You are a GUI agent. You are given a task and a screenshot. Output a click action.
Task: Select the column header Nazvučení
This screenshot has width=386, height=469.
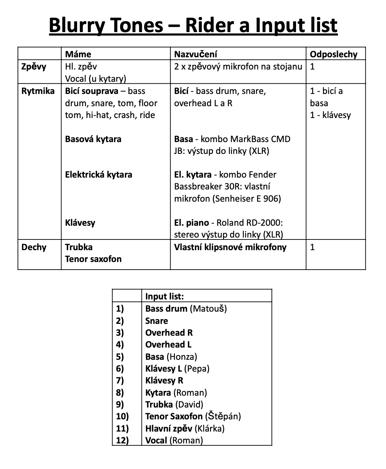pyautogui.click(x=195, y=54)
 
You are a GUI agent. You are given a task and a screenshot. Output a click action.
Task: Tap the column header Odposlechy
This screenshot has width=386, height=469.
pyautogui.click(x=333, y=54)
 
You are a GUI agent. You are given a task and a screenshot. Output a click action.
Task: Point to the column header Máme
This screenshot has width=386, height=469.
pyautogui.click(x=78, y=54)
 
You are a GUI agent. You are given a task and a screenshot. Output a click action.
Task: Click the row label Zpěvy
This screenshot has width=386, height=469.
pyautogui.click(x=34, y=66)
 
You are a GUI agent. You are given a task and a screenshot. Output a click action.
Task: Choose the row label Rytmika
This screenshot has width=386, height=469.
pyautogui.click(x=38, y=91)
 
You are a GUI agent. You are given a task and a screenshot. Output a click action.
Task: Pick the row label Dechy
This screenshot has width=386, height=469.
pyautogui.click(x=34, y=247)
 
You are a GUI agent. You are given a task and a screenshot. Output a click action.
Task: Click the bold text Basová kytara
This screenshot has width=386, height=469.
pyautogui.click(x=93, y=139)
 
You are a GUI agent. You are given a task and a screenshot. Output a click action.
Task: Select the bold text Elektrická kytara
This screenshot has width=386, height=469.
pyautogui.click(x=98, y=175)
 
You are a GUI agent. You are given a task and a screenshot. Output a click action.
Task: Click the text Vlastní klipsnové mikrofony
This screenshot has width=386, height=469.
pyautogui.click(x=230, y=247)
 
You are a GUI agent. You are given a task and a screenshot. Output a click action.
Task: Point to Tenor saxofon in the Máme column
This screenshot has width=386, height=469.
pyautogui.click(x=93, y=259)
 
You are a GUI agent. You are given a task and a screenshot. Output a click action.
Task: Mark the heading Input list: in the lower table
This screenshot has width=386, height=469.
pyautogui.click(x=164, y=296)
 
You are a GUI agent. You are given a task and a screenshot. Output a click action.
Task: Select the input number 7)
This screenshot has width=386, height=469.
pyautogui.click(x=120, y=380)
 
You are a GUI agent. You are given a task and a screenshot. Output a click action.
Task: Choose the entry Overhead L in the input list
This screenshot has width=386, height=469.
pyautogui.click(x=168, y=344)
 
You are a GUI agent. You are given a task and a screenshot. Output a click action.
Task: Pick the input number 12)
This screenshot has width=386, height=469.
pyautogui.click(x=122, y=440)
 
